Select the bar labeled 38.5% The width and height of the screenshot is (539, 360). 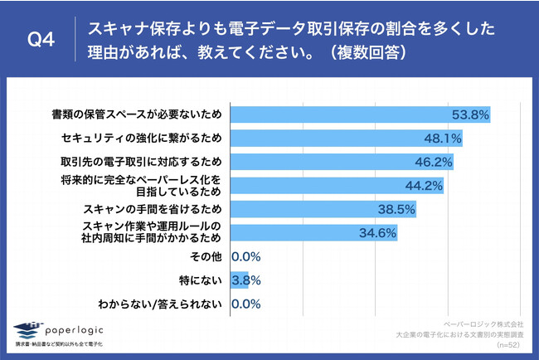click(323, 209)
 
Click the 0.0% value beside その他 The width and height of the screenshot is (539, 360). click(247, 256)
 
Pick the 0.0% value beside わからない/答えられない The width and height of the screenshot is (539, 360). click(247, 304)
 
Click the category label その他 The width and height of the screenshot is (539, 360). click(206, 256)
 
